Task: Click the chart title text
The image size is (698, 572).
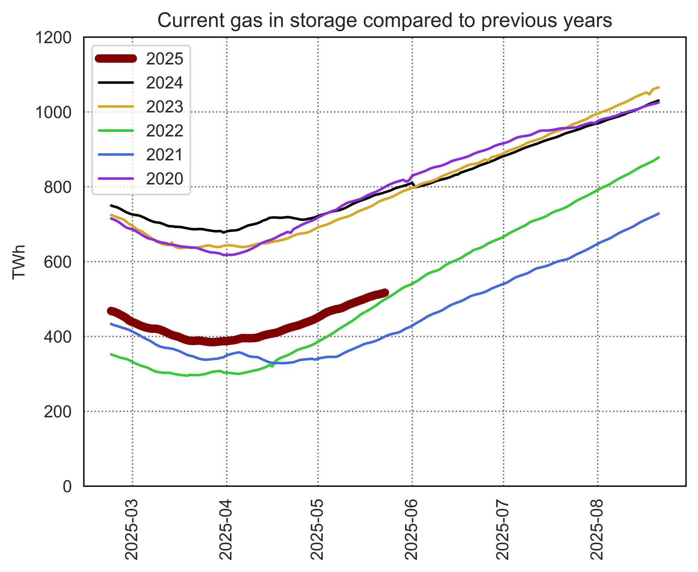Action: pos(385,20)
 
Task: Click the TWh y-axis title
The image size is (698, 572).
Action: pos(19,261)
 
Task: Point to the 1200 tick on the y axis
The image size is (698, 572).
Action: pos(53,38)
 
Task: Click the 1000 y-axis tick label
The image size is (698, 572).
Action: pos(53,112)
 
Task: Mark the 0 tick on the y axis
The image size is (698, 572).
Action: pos(67,486)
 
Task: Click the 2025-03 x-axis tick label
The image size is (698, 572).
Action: pos(132,530)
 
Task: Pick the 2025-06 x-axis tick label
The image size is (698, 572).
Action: pos(411,530)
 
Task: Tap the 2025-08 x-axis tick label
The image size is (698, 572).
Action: pos(597,530)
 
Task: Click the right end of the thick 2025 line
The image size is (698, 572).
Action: pos(386,293)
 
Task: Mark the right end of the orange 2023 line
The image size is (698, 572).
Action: pos(659,88)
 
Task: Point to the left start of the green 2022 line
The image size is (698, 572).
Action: pos(111,354)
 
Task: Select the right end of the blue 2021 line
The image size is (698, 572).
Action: pos(659,213)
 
